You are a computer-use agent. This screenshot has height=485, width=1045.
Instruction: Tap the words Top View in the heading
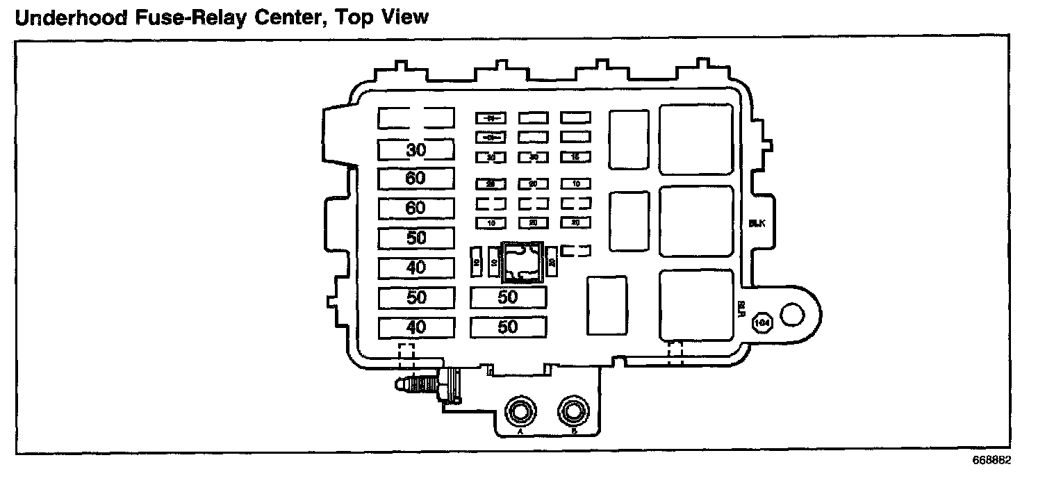click(381, 17)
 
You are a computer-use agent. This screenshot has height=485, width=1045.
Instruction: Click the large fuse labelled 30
click(416, 149)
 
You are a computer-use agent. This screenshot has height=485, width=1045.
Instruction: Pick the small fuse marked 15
click(575, 158)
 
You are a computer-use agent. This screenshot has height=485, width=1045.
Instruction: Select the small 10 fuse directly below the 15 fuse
click(575, 184)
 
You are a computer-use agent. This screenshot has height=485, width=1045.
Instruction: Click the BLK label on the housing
click(757, 224)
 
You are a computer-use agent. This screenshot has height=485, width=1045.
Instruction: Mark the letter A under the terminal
click(519, 431)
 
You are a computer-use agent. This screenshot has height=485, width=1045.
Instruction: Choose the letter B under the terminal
click(574, 431)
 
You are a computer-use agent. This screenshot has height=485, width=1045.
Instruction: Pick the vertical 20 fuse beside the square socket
click(551, 262)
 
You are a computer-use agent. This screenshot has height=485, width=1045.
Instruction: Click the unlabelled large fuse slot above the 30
click(416, 118)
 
